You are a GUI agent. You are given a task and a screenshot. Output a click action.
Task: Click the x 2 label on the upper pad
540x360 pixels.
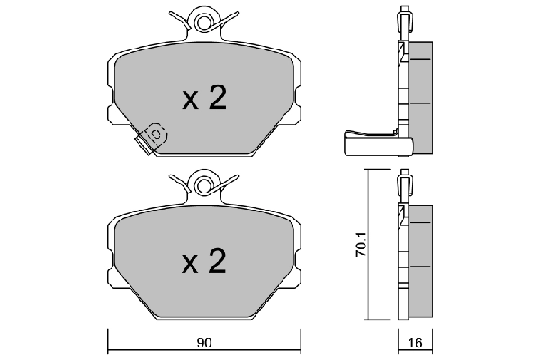(x=203, y=99)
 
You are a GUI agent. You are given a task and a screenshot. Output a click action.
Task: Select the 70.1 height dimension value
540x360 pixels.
(x=361, y=246)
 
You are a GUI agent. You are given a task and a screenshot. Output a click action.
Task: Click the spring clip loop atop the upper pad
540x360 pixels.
(x=204, y=21)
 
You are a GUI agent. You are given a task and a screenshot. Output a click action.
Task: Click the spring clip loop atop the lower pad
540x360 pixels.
(x=204, y=184)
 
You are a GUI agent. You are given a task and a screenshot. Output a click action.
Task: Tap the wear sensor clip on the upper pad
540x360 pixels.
(x=155, y=134)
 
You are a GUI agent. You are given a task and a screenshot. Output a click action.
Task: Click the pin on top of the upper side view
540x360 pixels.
(x=401, y=17)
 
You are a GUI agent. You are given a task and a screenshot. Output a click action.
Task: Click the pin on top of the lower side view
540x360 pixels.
(x=401, y=183)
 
